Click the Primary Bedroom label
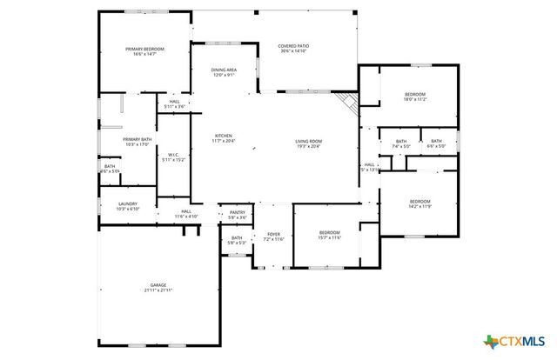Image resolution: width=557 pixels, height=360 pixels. pos(144,51)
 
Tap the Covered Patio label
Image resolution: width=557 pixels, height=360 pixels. pos(293,49)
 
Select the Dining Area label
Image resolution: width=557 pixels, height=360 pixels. pos(225,73)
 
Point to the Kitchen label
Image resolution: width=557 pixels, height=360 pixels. pos(224,138)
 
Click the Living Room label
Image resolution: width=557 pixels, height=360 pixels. pos(308,143)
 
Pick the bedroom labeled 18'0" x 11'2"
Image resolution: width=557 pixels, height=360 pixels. pos(415,97)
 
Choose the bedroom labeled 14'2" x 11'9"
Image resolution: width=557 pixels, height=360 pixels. pos(419,203)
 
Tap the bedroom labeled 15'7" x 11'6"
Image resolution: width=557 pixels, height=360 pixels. pos(329,235)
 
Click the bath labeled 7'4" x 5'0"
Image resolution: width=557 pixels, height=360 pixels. pos(400,144)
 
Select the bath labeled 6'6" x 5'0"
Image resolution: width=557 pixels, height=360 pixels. pos(435,144)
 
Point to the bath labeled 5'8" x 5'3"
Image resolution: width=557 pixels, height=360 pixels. pos(237,241)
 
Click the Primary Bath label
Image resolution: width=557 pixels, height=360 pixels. pos(137,142)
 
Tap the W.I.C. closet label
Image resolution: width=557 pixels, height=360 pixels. pos(173,157)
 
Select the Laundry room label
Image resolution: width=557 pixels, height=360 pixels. pos(128,207)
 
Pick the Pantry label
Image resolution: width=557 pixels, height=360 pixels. pos(238,215)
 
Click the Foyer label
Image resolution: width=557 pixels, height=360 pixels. pos(273,237)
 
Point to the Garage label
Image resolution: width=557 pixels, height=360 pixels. pos(158,288)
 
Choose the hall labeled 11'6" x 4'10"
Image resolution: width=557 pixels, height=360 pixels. pos(187,214)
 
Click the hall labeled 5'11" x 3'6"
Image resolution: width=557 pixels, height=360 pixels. pos(174,105)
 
